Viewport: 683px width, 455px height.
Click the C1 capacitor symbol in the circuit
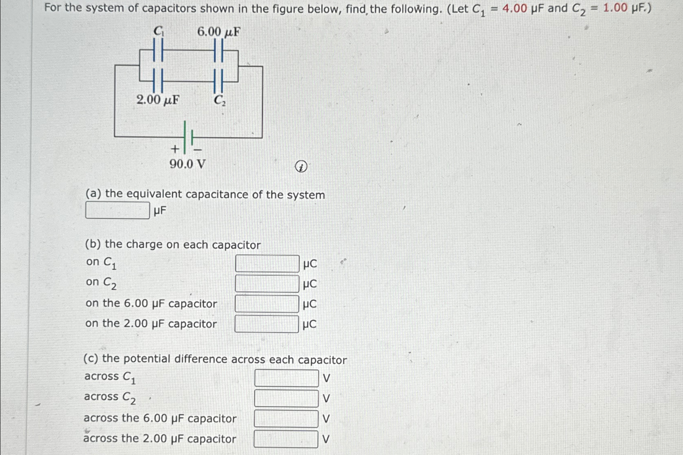(x=158, y=50)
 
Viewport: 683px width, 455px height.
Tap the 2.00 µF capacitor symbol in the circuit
(x=158, y=80)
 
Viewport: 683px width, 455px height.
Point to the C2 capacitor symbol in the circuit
(x=218, y=81)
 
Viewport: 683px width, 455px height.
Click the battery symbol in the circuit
(x=188, y=137)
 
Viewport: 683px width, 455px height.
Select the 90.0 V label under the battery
(x=188, y=164)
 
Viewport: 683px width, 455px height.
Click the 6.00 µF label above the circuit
(x=218, y=32)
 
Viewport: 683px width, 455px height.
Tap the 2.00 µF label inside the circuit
(x=158, y=99)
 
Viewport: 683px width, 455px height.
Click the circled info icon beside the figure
(x=301, y=166)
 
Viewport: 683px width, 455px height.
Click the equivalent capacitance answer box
(x=118, y=210)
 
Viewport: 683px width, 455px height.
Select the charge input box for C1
(x=267, y=263)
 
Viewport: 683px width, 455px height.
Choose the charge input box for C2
(x=267, y=284)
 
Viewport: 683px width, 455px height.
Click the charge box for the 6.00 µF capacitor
(x=267, y=304)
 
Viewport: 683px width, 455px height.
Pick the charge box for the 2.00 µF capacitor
(x=267, y=324)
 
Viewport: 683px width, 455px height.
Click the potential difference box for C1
(x=287, y=378)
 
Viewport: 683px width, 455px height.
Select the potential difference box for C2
(x=286, y=398)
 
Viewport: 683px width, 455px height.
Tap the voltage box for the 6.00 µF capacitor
(x=286, y=418)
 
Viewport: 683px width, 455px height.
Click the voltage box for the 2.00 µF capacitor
(x=286, y=439)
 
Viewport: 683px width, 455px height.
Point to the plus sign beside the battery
(x=175, y=149)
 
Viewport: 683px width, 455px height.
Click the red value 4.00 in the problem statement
(x=514, y=8)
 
